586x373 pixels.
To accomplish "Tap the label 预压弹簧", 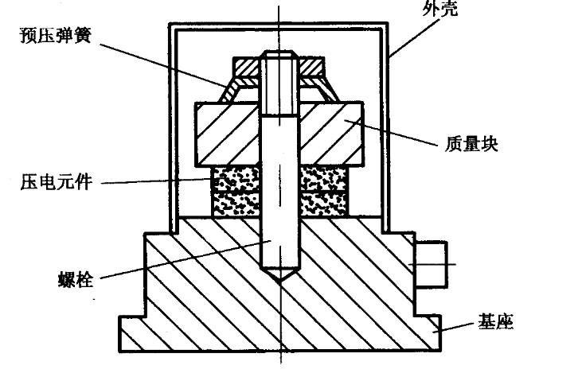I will [53, 37].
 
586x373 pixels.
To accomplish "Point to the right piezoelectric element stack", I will [322, 193].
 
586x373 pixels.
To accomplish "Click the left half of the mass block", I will [227, 134].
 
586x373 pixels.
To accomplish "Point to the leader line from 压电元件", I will [155, 182].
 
